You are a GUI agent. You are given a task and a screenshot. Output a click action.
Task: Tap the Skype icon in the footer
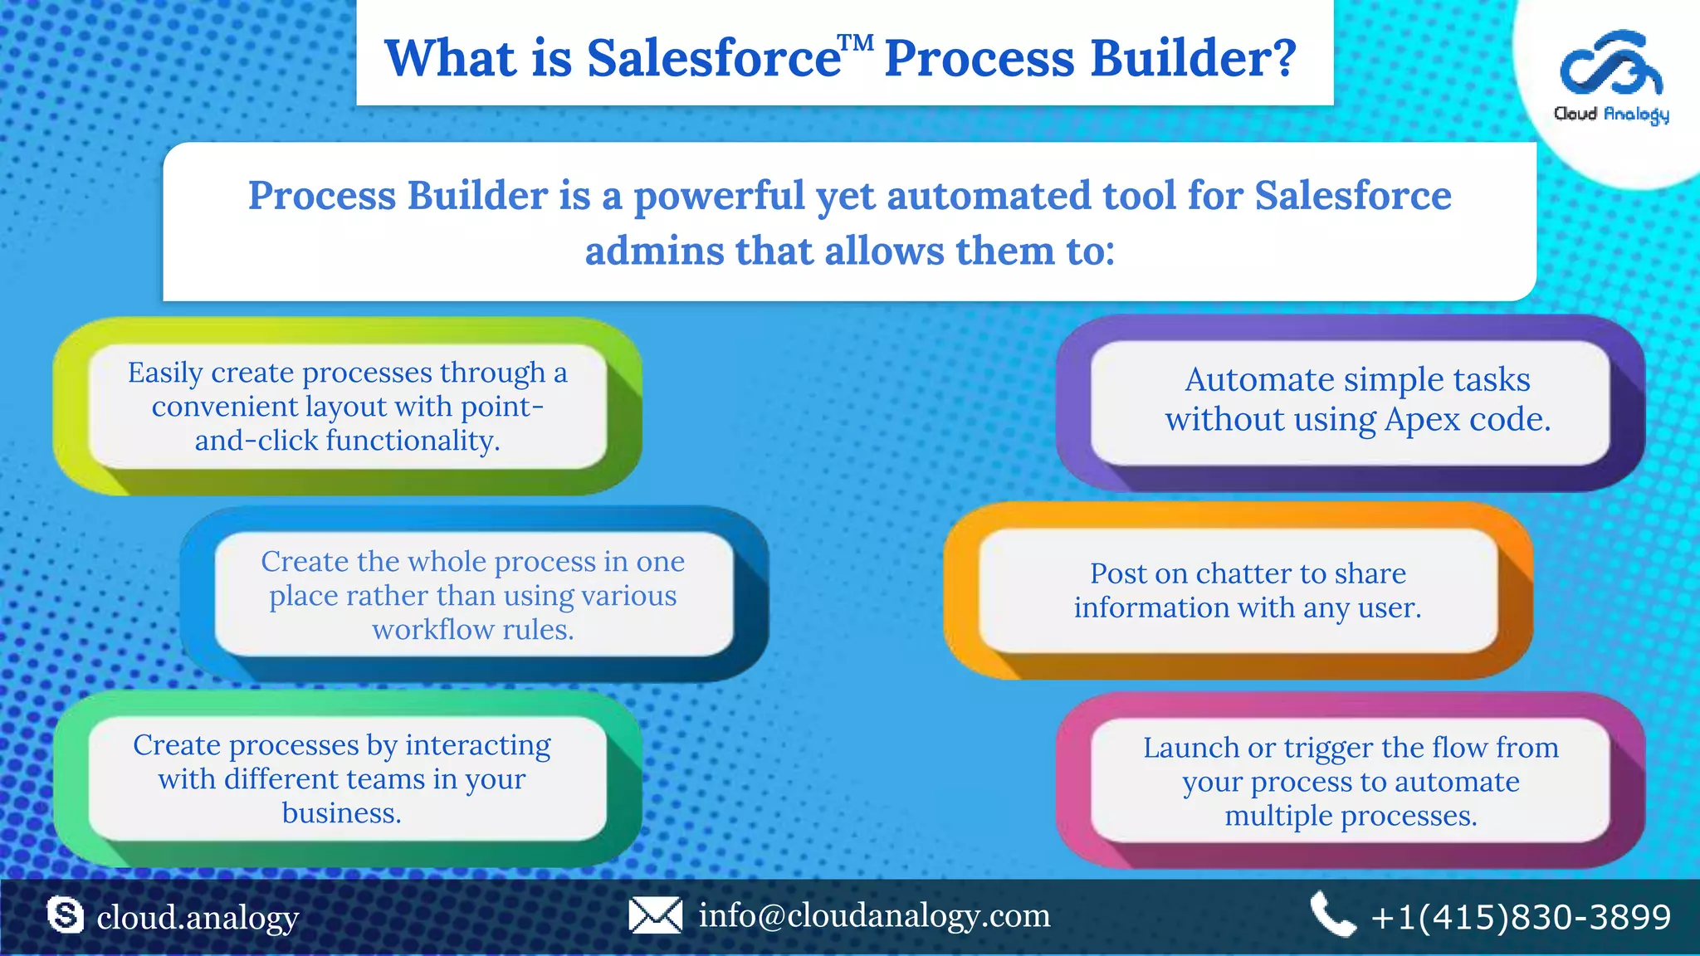(66, 915)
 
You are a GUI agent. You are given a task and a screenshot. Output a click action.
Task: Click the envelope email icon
(655, 915)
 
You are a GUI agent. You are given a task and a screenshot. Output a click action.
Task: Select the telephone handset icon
(1331, 915)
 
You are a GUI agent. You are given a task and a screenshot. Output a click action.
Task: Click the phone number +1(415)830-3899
(1521, 917)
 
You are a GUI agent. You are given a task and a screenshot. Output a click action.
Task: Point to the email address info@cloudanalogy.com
(874, 915)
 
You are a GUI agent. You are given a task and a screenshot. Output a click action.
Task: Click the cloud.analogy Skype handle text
(198, 918)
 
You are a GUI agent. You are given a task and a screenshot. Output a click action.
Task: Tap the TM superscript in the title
(855, 42)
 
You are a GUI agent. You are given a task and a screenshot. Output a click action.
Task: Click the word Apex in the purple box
(1422, 419)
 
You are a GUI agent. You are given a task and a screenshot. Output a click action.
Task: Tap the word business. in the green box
(341, 813)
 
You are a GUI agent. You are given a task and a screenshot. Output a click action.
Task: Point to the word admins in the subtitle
(653, 251)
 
